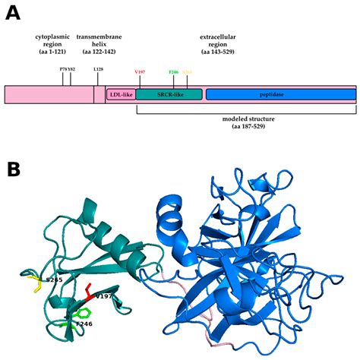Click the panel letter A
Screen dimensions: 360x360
[x=12, y=13]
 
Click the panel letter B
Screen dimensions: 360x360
[x=13, y=169]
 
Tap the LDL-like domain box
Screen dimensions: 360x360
[x=121, y=94]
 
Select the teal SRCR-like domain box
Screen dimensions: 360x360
[x=169, y=94]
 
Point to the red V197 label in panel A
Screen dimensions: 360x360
[x=140, y=72]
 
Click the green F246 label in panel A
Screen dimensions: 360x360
[x=174, y=72]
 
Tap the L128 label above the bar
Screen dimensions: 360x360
[x=98, y=69]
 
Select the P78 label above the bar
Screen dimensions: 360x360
[x=63, y=69]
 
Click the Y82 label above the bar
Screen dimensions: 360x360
[x=71, y=69]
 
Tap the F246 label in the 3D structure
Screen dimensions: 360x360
[x=90, y=324]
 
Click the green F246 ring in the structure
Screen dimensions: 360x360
[x=85, y=312]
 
